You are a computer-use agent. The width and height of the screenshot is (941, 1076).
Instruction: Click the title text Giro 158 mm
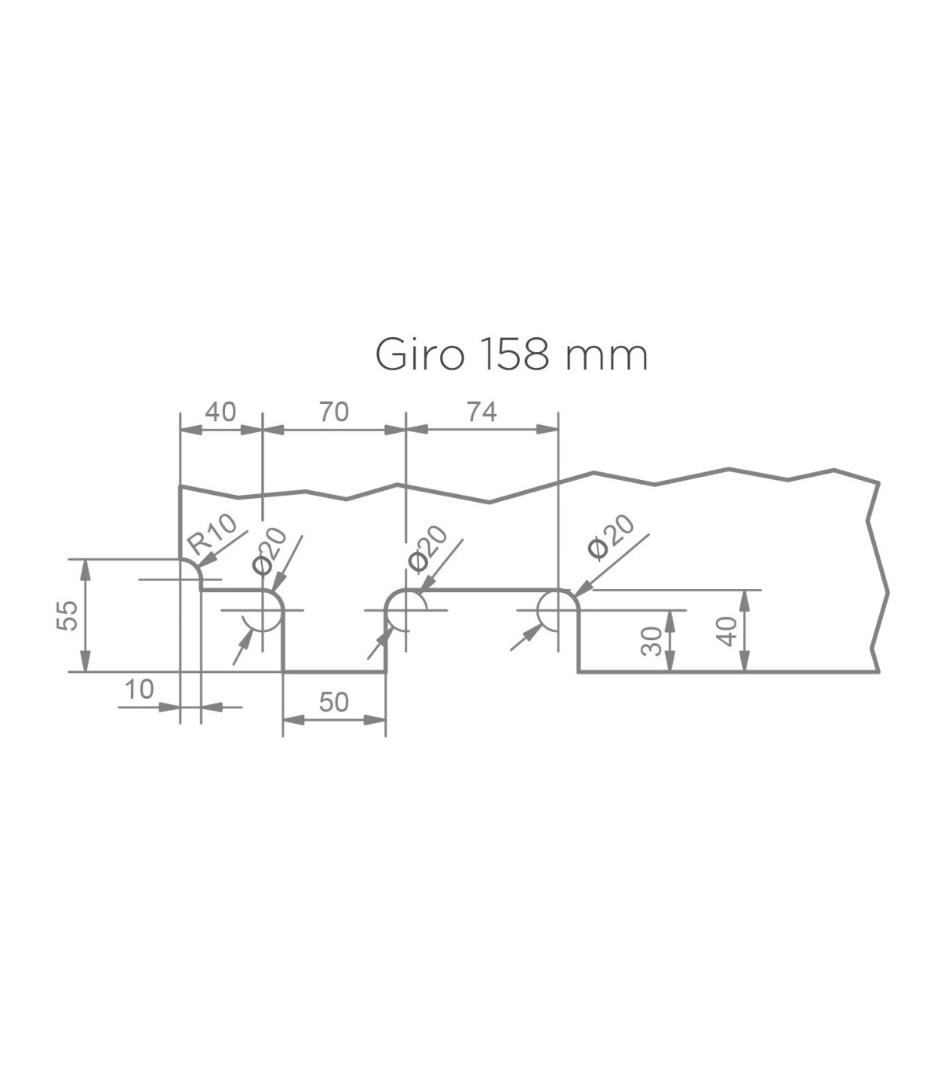511,356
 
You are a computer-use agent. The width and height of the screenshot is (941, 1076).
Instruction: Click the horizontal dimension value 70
334,412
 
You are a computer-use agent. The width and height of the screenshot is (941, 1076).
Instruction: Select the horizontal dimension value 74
481,412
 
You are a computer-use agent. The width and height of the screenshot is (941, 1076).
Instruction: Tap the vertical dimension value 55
67,616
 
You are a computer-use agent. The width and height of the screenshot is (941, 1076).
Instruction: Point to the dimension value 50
334,702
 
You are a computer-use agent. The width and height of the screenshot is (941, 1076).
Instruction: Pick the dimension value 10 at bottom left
140,689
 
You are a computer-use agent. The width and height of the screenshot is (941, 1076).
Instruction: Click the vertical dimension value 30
652,641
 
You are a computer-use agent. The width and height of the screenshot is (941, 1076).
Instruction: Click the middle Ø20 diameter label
427,548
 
